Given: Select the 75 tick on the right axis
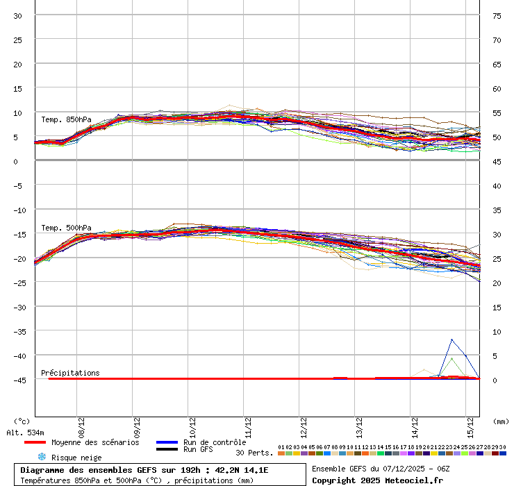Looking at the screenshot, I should coord(497,15).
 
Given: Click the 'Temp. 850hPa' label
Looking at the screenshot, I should coord(66,119).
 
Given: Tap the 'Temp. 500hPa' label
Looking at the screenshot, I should coord(66,228).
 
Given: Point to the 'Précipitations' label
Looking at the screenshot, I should coord(70,373).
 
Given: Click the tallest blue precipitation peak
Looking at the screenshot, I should coord(452,340).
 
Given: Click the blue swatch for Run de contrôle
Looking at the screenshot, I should coord(167,442).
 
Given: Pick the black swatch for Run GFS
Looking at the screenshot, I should coord(167,449).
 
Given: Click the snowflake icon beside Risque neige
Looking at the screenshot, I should coord(41,457).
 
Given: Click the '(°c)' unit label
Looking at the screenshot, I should coord(22,421).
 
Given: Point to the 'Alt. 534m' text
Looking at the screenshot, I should coord(24,433).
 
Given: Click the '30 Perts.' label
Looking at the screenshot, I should coord(254,453).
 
